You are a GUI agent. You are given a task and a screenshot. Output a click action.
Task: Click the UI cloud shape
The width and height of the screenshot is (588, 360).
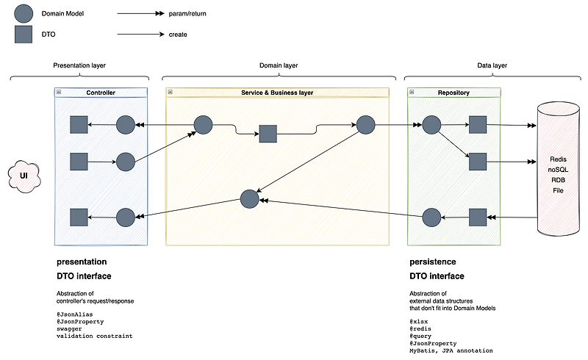click(24, 176)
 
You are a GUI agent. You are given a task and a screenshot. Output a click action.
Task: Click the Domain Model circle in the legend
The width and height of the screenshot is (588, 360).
click(24, 13)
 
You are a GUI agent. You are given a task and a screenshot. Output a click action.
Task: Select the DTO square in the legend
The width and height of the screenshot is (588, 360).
click(24, 34)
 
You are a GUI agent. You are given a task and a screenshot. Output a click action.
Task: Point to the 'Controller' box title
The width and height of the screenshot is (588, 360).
click(101, 93)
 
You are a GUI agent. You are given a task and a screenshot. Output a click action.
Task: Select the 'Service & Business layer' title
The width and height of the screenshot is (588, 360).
click(277, 93)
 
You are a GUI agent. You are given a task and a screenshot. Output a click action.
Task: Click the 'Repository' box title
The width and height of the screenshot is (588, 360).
click(453, 93)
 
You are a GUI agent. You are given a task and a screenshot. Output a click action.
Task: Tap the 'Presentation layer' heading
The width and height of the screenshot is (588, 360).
click(79, 65)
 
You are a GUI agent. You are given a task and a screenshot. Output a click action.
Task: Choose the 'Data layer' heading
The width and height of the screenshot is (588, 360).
click(492, 65)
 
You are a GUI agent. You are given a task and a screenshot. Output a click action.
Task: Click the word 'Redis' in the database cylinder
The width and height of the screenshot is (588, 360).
click(558, 159)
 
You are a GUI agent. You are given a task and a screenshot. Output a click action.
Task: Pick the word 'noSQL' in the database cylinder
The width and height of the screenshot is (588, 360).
click(558, 170)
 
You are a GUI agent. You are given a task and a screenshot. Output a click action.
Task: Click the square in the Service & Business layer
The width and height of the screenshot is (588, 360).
click(268, 134)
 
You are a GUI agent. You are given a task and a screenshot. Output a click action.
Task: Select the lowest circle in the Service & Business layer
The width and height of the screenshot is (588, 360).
click(249, 198)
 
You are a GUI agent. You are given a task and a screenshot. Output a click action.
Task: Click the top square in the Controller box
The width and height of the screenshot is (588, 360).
click(79, 125)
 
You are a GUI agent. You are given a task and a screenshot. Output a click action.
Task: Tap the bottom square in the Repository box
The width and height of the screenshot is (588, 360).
click(478, 217)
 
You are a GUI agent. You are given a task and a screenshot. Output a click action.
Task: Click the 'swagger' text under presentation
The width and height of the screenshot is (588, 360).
click(70, 328)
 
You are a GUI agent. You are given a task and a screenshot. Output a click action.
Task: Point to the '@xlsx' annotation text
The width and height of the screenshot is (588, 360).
click(418, 321)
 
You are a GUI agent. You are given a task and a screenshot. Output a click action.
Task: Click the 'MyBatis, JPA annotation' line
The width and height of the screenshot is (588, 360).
click(451, 350)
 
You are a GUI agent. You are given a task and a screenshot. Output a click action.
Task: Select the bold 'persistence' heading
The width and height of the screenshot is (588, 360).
click(432, 262)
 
